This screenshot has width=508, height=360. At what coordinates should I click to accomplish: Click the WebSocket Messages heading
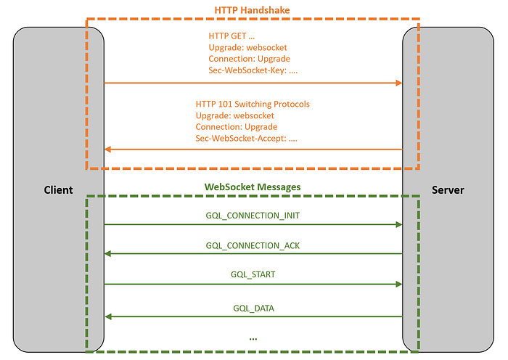(x=252, y=187)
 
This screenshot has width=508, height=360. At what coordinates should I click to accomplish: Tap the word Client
(x=58, y=190)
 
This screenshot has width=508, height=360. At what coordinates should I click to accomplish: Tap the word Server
(x=448, y=190)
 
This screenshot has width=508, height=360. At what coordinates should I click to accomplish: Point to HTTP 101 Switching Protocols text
(x=253, y=104)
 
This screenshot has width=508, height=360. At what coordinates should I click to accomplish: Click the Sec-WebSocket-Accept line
(x=247, y=138)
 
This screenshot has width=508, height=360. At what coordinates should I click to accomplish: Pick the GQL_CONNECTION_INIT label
(x=253, y=216)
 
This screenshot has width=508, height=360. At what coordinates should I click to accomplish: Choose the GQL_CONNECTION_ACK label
(x=253, y=245)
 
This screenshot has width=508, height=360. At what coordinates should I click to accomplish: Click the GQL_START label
(x=253, y=275)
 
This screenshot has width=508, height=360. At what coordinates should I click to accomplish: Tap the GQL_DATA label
(x=253, y=308)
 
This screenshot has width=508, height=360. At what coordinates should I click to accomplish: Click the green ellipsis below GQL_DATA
(x=253, y=337)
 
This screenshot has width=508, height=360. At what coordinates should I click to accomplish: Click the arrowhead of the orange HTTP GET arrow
(x=398, y=83)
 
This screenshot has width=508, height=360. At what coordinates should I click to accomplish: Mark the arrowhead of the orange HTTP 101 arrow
(x=108, y=150)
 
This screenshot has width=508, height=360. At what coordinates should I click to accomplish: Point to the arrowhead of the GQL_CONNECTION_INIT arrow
(x=398, y=225)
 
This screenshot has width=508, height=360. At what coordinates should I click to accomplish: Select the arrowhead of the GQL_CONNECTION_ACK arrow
(x=108, y=254)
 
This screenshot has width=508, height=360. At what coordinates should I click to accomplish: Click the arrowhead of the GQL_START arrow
(x=398, y=285)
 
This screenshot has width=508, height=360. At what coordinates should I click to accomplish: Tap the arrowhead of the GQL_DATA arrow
(x=108, y=316)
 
